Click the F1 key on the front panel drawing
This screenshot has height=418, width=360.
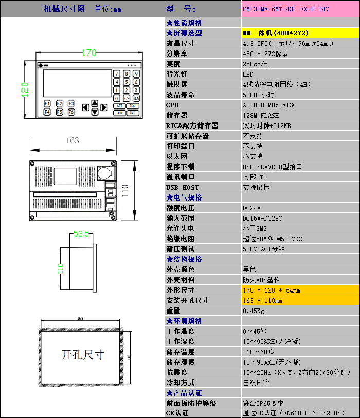point(47,103)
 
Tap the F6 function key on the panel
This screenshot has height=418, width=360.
point(71,112)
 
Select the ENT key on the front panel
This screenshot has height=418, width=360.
point(132,113)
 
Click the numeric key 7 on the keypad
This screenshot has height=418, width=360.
point(117,74)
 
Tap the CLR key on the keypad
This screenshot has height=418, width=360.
point(136,98)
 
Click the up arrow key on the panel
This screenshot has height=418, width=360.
point(94,102)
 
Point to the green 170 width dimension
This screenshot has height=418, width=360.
point(89,53)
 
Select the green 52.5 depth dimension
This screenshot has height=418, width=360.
point(81,233)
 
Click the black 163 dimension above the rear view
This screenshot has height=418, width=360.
point(73,140)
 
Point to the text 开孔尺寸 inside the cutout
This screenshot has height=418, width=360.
point(82,355)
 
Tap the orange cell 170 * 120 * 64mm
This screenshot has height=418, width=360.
point(272,290)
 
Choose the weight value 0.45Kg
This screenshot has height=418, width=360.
point(253,311)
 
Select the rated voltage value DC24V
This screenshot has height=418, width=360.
point(251,208)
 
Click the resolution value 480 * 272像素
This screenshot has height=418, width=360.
point(265,53)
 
